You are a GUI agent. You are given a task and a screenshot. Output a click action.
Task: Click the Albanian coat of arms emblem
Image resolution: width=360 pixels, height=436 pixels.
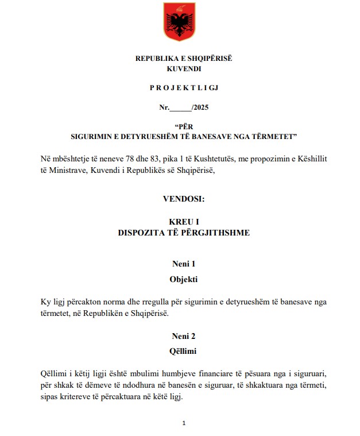[179, 22]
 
